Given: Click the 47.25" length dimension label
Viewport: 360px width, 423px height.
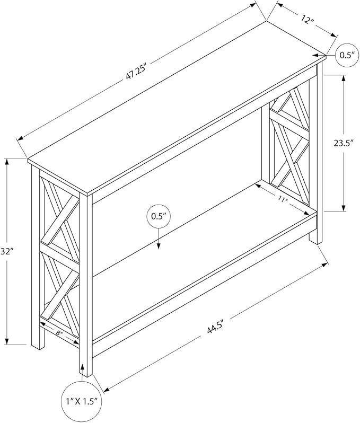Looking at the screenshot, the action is pos(136,72).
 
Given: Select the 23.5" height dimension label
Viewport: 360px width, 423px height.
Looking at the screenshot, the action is pos(344,143).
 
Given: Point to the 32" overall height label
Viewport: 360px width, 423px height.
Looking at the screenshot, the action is pos(7,252).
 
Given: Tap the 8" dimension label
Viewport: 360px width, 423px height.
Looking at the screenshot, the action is pos(59,333).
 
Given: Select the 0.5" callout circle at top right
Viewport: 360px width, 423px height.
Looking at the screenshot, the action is pos(347,55).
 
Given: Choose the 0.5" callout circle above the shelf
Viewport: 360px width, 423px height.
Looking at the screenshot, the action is pos(159,217).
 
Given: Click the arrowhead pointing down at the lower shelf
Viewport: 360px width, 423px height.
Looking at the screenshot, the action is pos(159,245).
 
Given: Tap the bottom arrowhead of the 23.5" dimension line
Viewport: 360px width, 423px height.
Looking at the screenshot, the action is pos(344,208).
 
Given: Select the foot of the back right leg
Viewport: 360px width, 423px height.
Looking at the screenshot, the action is pos(315,241).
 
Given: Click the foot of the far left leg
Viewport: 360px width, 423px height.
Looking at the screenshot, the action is pos(38,347).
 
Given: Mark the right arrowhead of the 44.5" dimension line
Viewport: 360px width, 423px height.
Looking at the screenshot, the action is pos(324,265).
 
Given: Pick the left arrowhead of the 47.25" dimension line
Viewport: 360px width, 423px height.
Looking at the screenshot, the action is pos(21,138).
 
